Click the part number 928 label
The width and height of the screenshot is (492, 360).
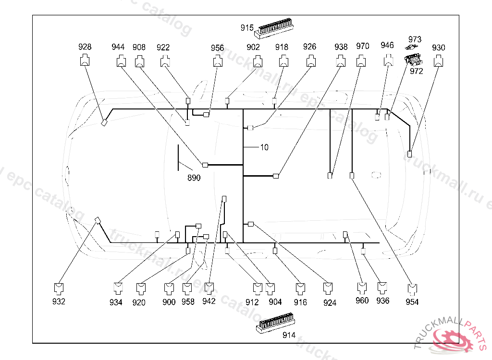(85, 47)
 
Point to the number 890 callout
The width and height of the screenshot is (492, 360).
(194, 178)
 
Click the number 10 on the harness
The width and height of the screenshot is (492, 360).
(264, 147)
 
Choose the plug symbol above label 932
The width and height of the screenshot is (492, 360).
(59, 288)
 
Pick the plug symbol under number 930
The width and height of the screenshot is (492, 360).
(438, 61)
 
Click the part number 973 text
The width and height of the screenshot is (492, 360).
(415, 39)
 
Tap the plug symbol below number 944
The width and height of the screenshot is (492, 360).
(121, 61)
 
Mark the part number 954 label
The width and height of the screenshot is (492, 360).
(412, 302)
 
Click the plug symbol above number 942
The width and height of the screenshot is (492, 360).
(209, 288)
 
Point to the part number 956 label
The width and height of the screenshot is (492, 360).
(217, 48)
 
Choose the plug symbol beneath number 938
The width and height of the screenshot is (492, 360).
(341, 61)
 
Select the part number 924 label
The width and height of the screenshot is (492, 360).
(330, 302)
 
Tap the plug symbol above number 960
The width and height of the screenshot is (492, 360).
(362, 288)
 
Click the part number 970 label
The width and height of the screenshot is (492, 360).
(363, 47)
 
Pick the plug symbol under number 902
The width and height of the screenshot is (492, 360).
(258, 61)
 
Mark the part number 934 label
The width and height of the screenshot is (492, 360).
(116, 302)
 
